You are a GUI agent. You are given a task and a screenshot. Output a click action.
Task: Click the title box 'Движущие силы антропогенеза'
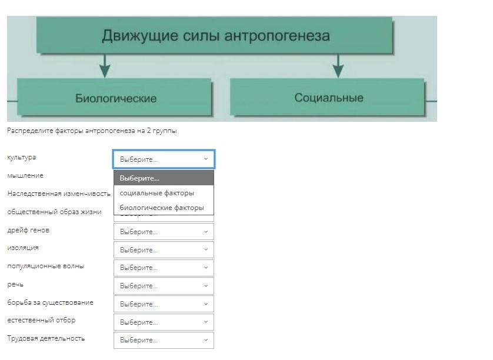pos(214,35)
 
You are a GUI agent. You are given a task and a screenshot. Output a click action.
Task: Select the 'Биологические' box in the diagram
pos(115,97)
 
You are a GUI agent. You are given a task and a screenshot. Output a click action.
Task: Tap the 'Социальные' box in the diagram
pos(327,97)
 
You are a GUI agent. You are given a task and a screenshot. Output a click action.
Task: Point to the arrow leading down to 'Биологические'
pos(105,65)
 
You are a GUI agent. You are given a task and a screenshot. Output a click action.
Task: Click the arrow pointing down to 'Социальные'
pos(338,65)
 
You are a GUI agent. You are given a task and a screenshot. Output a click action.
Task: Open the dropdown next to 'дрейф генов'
pos(164,232)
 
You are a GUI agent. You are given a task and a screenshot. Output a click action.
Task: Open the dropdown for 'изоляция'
pos(164,249)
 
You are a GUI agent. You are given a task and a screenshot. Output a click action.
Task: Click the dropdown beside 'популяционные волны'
pos(164,268)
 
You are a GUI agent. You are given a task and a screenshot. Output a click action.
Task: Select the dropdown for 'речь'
pos(164,286)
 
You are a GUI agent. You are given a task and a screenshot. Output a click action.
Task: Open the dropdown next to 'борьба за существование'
pos(164,304)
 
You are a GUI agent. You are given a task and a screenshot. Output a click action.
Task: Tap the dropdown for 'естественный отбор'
pos(164,322)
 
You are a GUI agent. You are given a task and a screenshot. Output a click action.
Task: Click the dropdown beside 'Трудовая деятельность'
pos(164,340)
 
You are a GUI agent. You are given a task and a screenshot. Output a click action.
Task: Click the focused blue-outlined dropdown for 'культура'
pos(164,159)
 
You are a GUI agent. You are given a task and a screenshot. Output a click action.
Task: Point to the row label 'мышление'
pos(25,175)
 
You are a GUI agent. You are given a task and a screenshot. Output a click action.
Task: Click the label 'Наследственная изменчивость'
pos(59,194)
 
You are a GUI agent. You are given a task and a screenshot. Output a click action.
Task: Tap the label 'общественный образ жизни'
pos(54,212)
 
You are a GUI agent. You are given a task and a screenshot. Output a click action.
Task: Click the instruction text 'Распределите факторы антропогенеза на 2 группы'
pos(92,131)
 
